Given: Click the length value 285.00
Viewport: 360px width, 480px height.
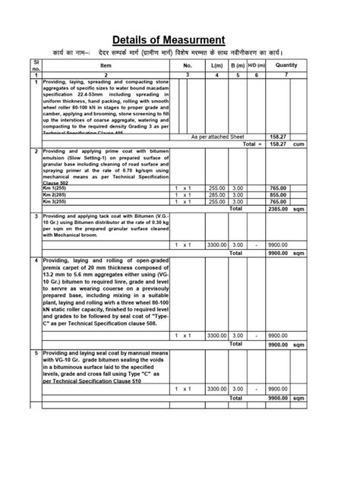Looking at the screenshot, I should (x=217, y=194).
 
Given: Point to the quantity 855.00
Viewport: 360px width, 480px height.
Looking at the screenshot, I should (x=278, y=194).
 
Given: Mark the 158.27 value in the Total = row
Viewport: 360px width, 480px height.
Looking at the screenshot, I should (x=278, y=143).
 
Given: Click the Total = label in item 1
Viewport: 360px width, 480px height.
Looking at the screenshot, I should (x=251, y=143).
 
